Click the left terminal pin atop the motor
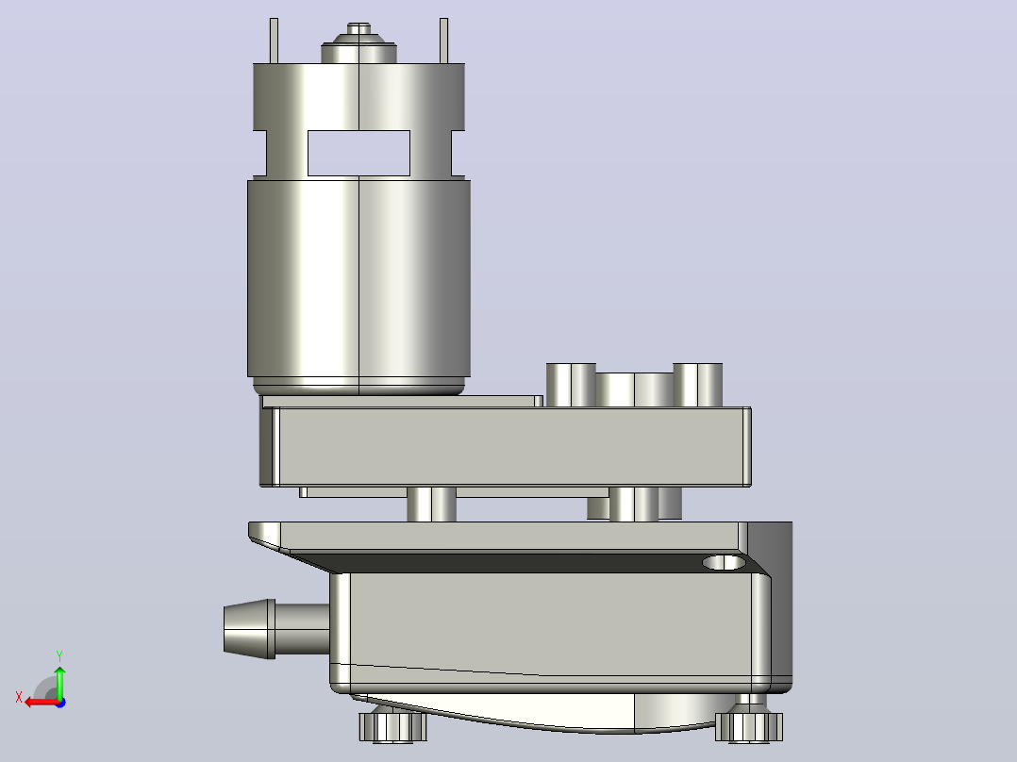(274, 41)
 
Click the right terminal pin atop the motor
(443, 41)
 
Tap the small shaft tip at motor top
(358, 28)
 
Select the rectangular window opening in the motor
(358, 153)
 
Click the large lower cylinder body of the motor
(358, 279)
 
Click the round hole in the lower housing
(724, 562)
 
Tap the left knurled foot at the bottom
(393, 726)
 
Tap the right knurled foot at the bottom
(749, 726)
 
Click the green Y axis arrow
(59, 682)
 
